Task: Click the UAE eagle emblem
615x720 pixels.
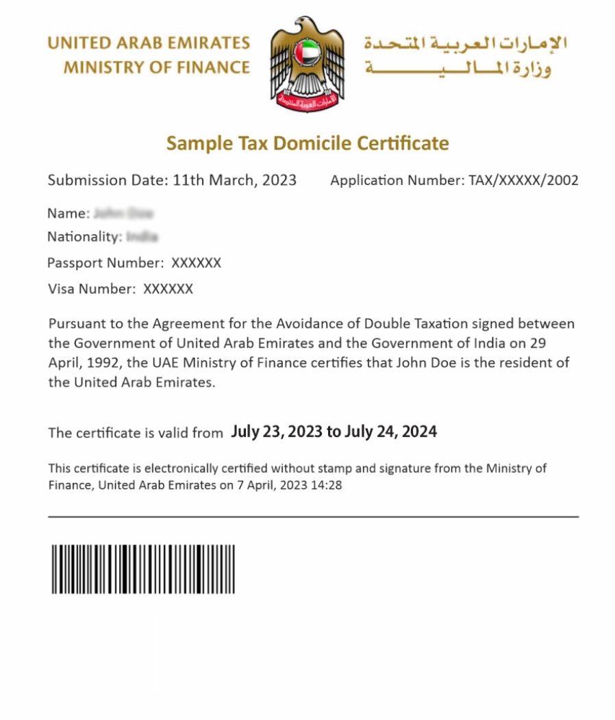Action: (307, 63)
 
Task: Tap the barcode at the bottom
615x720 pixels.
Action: (143, 569)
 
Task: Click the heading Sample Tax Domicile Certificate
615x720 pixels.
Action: (307, 143)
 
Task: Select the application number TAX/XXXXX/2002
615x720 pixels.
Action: (523, 181)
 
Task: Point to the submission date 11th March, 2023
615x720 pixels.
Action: (234, 180)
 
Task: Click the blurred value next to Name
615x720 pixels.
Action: (123, 213)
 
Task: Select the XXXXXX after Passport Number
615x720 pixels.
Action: (196, 263)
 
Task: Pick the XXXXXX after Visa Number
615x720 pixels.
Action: (168, 289)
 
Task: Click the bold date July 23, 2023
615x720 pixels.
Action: (277, 432)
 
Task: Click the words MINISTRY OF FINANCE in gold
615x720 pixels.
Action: (156, 67)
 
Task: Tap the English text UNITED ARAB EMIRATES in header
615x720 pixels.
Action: (149, 43)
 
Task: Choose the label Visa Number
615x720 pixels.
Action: (92, 289)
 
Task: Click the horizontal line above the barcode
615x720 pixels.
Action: (313, 517)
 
